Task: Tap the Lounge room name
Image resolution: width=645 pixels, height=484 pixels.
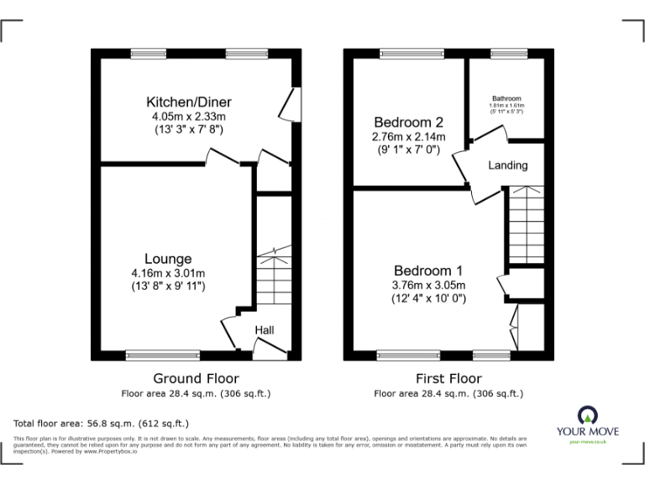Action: pyautogui.click(x=167, y=260)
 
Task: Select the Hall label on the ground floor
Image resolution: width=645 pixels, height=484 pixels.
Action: pyautogui.click(x=265, y=330)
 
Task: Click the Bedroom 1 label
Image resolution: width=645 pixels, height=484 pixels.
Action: pyautogui.click(x=428, y=271)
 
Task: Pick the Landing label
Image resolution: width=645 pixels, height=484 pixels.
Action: pyautogui.click(x=508, y=166)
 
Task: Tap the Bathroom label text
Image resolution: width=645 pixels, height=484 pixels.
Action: pyautogui.click(x=506, y=98)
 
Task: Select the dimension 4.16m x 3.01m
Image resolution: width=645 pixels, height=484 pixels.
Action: pyautogui.click(x=167, y=273)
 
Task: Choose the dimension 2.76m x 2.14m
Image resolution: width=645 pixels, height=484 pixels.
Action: pyautogui.click(x=408, y=136)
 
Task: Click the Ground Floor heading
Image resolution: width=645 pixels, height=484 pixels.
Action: pyautogui.click(x=196, y=378)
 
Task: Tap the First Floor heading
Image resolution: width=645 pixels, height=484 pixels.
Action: pyautogui.click(x=449, y=378)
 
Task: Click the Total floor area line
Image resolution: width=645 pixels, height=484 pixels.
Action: pyautogui.click(x=102, y=423)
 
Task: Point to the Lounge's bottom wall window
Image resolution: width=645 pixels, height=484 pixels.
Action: pyautogui.click(x=163, y=355)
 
